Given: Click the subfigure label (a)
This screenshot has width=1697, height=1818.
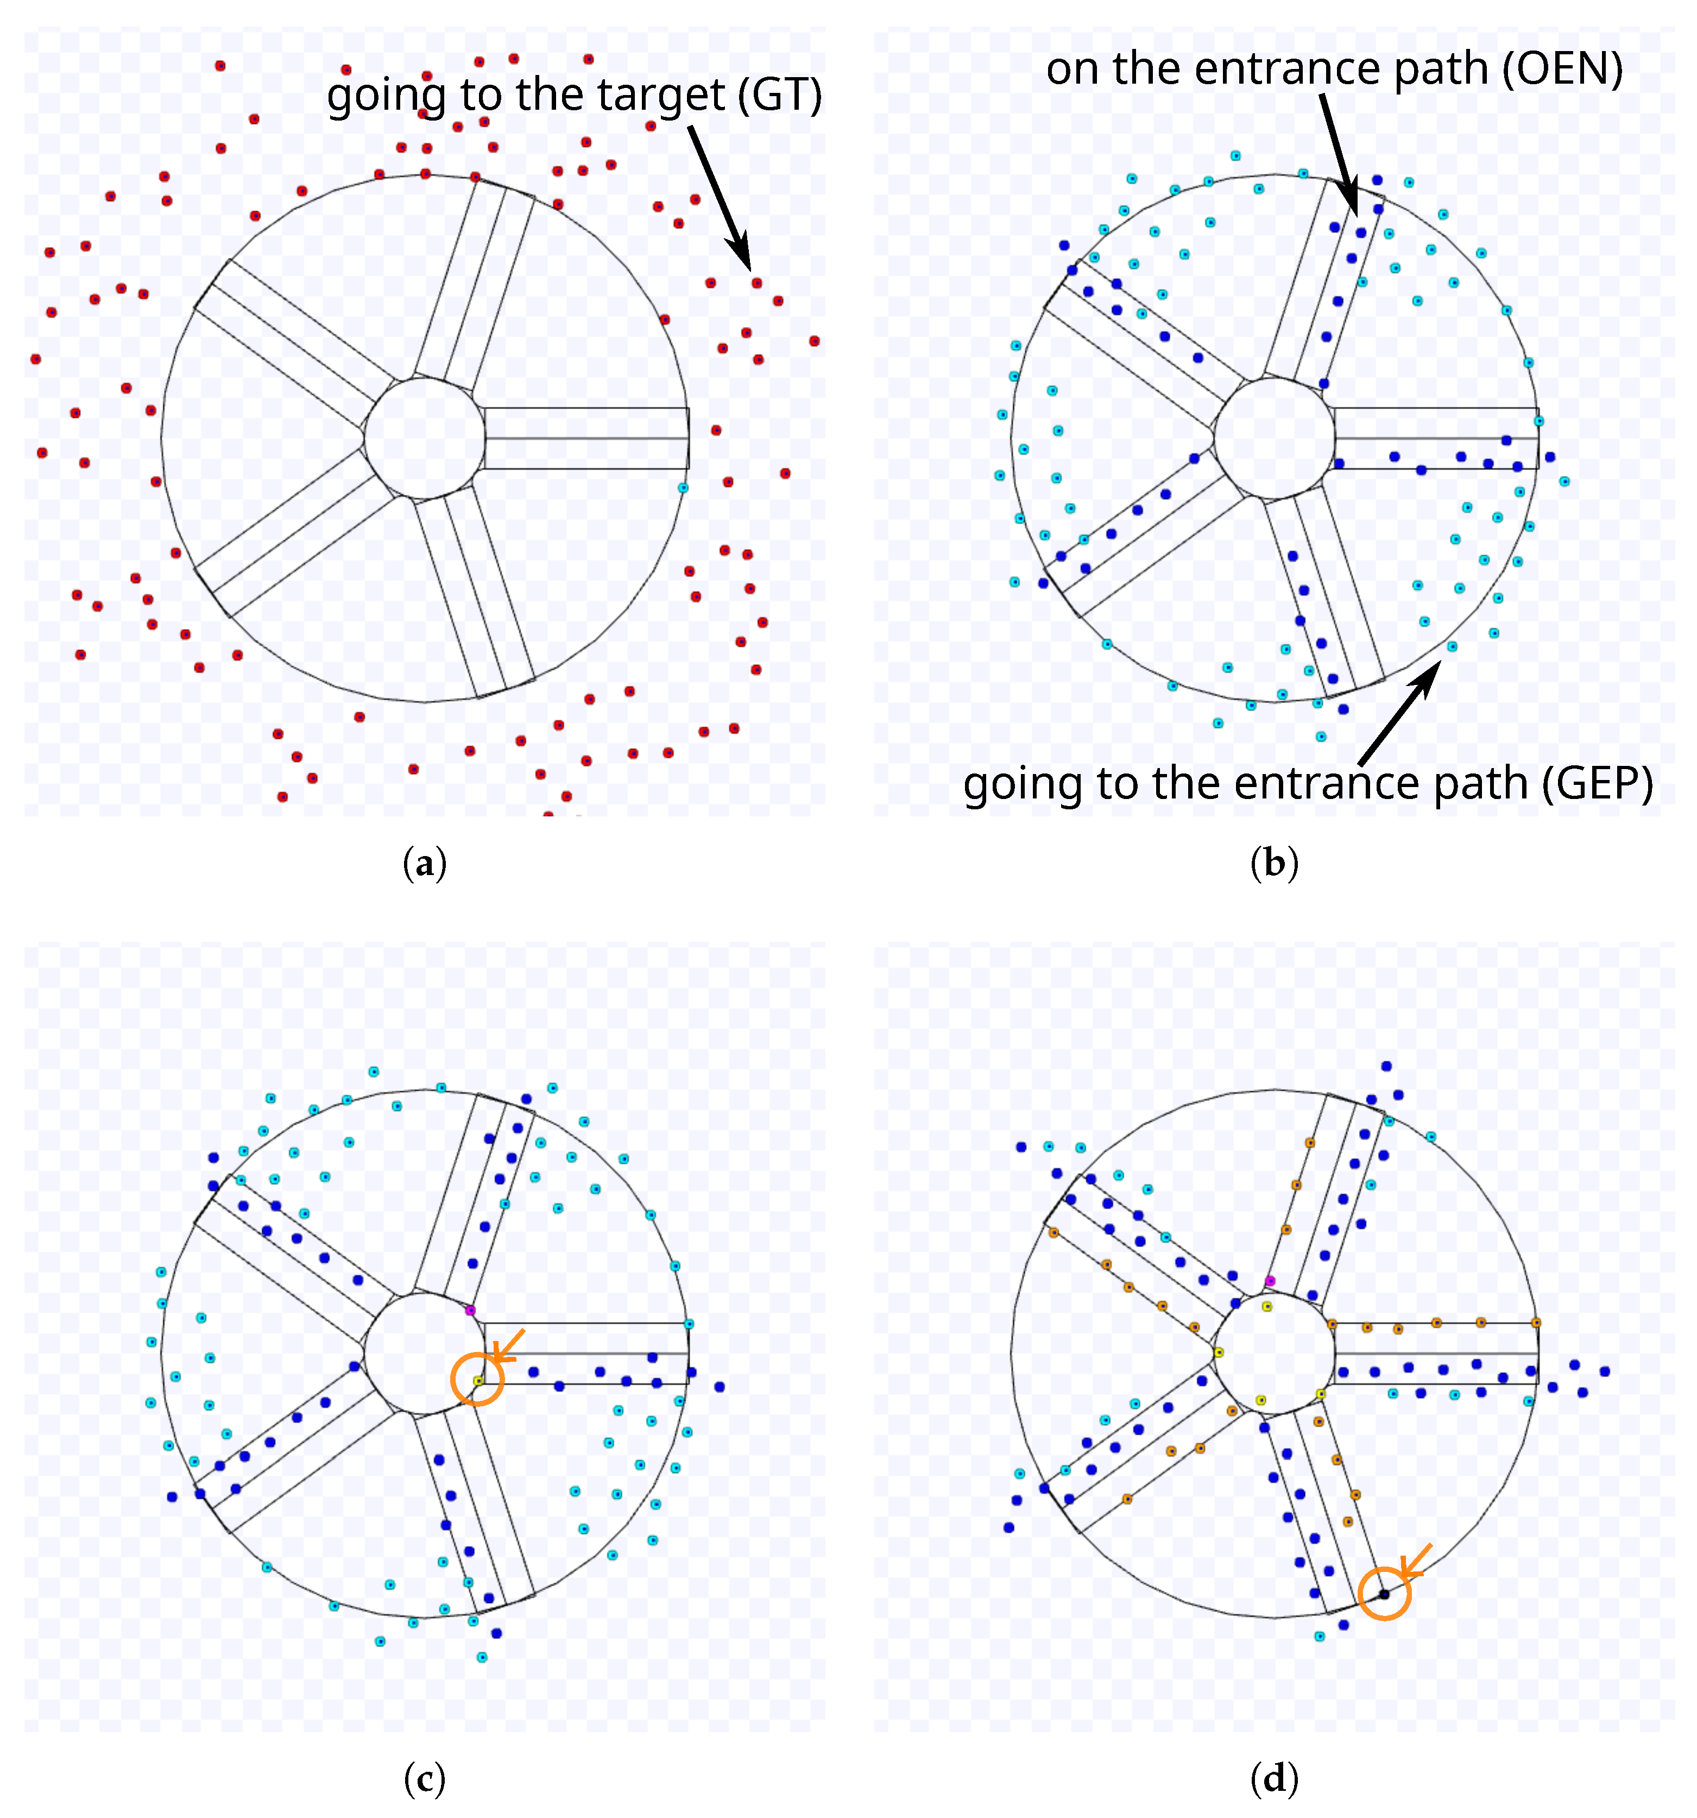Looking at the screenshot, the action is click(x=424, y=863).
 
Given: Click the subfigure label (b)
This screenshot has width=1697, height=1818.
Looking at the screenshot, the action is click(x=1273, y=863).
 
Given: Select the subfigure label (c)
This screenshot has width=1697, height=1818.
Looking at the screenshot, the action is click(x=424, y=1778).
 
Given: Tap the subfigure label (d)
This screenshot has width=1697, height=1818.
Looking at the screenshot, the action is click(x=1273, y=1778).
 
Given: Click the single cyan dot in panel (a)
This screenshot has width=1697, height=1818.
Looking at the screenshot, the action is click(x=683, y=487).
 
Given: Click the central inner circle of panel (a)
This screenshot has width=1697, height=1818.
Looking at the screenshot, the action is click(x=424, y=439).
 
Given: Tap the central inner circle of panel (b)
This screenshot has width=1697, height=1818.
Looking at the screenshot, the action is click(x=1273, y=439).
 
